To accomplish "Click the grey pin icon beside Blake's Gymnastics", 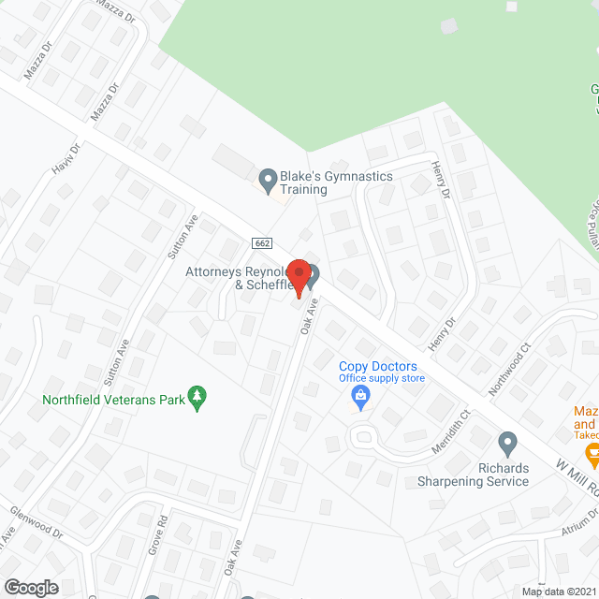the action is click(268, 177).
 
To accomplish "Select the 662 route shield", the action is click(262, 243).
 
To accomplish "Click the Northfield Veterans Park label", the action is click(112, 400).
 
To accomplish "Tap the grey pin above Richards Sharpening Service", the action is click(507, 442).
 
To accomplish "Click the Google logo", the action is click(31, 587).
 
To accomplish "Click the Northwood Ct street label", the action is click(510, 369).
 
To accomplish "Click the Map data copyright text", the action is click(558, 592).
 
